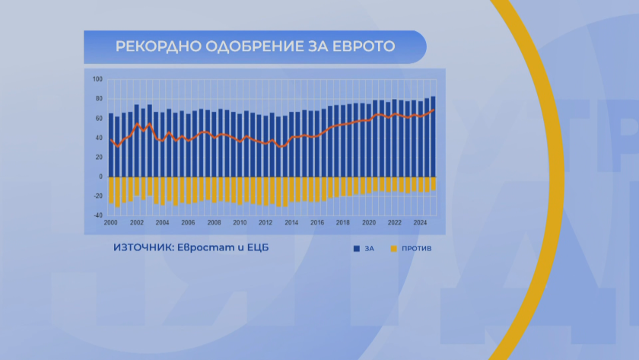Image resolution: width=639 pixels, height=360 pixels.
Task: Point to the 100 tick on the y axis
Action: click(x=97, y=79)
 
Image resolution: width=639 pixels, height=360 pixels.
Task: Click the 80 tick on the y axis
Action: click(x=98, y=99)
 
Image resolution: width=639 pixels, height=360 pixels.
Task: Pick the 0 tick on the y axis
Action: click(x=100, y=177)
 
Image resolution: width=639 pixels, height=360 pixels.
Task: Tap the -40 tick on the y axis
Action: click(x=97, y=215)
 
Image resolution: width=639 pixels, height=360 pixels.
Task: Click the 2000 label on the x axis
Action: click(x=111, y=223)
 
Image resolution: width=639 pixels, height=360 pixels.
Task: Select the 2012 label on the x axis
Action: click(x=265, y=223)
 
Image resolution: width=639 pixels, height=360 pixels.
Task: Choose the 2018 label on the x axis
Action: click(x=343, y=223)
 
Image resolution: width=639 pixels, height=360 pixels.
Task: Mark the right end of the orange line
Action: click(x=434, y=110)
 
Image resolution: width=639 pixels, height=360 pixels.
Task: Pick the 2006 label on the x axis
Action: click(x=188, y=223)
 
